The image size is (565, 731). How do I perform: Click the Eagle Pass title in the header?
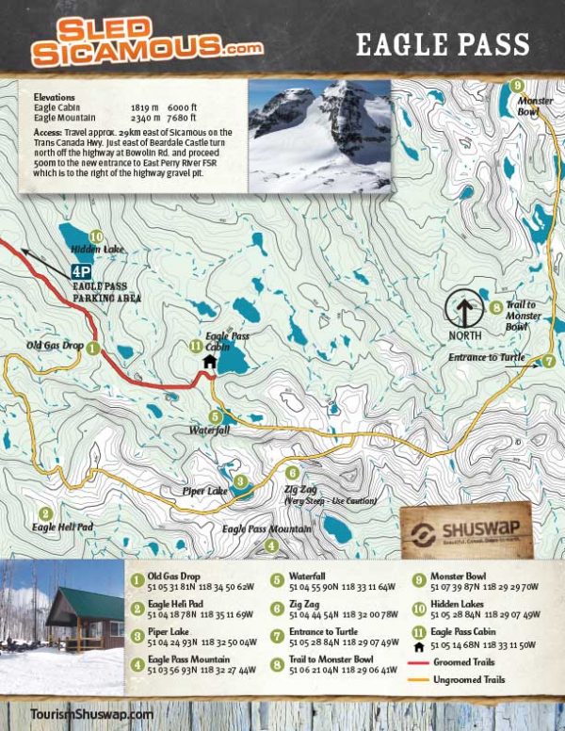442,43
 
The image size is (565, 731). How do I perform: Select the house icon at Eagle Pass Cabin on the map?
209,361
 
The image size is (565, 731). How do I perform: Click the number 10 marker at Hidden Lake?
94,236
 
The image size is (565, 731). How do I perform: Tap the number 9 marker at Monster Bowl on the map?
517,86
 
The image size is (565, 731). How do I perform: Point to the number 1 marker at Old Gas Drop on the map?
92,348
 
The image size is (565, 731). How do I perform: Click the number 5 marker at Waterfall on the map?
216,416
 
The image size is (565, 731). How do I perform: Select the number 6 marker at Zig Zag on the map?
293,473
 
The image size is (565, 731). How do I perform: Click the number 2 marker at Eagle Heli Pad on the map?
44,514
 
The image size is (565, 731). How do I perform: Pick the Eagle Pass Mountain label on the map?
266,529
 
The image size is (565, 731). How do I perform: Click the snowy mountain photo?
319,135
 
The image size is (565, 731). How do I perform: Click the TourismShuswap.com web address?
91,715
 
